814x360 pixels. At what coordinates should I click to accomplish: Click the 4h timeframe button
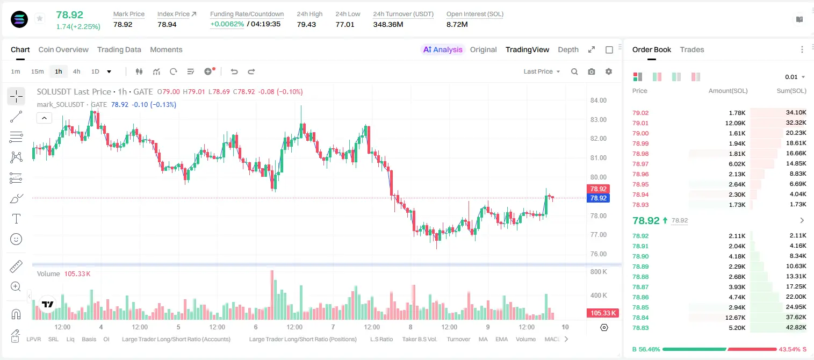(x=76, y=71)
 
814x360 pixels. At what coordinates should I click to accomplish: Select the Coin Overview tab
(x=63, y=49)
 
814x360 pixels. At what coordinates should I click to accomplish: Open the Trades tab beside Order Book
(x=692, y=49)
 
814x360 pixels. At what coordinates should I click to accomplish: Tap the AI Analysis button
(x=443, y=49)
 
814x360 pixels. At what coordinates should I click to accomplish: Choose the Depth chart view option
(x=568, y=49)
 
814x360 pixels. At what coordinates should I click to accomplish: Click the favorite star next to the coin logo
(x=40, y=18)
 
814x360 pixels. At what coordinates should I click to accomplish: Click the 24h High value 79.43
(x=306, y=24)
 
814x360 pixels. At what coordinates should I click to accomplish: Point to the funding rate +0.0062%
(x=227, y=24)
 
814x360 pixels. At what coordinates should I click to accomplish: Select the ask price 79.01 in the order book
(x=640, y=123)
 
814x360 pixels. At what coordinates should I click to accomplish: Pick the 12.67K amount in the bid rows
(x=735, y=318)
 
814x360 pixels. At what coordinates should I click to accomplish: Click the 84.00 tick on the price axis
(x=598, y=100)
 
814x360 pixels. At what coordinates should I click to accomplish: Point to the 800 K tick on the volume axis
(x=599, y=272)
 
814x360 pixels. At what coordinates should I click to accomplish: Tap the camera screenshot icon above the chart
(x=592, y=71)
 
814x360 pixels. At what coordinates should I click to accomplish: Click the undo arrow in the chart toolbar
(x=234, y=71)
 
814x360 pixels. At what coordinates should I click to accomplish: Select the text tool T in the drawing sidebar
(x=16, y=219)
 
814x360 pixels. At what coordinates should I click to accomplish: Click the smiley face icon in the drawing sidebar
(x=16, y=239)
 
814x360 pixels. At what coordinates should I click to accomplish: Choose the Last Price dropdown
(x=542, y=71)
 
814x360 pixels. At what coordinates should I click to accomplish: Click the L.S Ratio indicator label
(x=381, y=339)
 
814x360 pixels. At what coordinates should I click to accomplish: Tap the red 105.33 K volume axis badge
(x=602, y=313)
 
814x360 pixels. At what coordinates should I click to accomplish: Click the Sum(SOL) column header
(x=791, y=91)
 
